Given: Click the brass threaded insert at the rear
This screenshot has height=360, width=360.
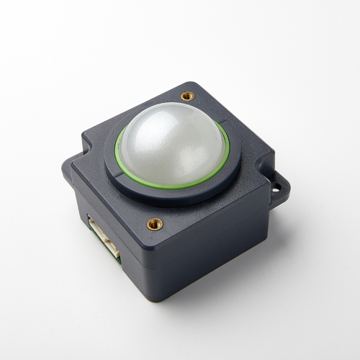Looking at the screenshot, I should click(188, 95).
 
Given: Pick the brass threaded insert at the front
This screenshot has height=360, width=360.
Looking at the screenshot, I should click(155, 223).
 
